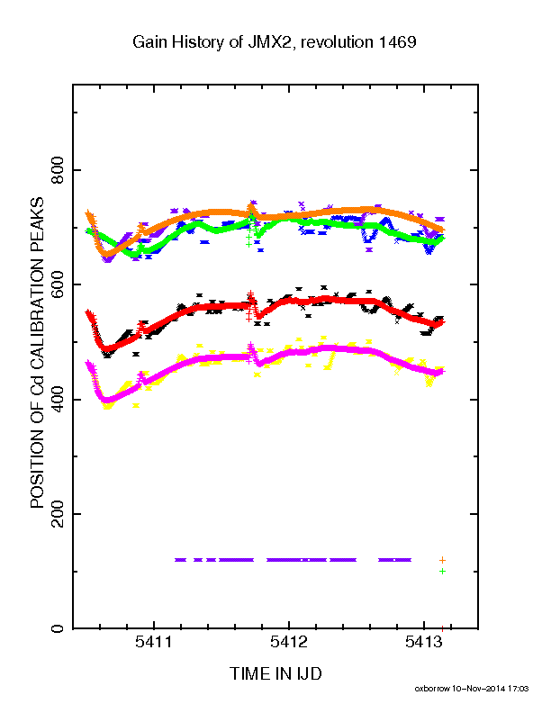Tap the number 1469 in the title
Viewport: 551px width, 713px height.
(x=397, y=41)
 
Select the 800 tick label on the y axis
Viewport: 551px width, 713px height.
(x=58, y=170)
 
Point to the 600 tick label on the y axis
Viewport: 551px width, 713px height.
(x=58, y=284)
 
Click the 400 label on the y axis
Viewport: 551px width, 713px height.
(x=58, y=399)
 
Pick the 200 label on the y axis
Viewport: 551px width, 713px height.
(x=58, y=514)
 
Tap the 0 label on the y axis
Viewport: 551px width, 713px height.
(x=58, y=628)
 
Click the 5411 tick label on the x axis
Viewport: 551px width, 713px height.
(x=154, y=642)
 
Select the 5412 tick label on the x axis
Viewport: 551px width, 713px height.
(x=289, y=642)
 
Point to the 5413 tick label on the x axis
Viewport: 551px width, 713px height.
(x=424, y=642)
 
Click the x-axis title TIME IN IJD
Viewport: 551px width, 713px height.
(x=275, y=673)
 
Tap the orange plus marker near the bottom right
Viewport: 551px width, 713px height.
(x=442, y=560)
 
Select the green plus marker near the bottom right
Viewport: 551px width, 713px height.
(x=442, y=571)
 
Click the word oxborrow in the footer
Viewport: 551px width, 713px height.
(x=431, y=689)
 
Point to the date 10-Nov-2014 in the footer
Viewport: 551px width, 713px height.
(x=478, y=689)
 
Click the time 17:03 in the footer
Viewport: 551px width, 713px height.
(x=519, y=689)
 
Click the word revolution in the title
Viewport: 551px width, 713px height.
(x=337, y=41)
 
